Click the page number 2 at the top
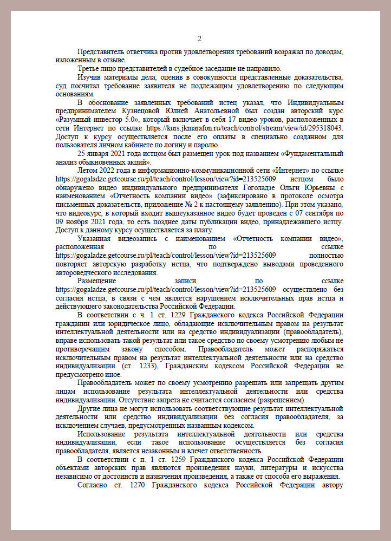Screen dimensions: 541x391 point(199,38)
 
